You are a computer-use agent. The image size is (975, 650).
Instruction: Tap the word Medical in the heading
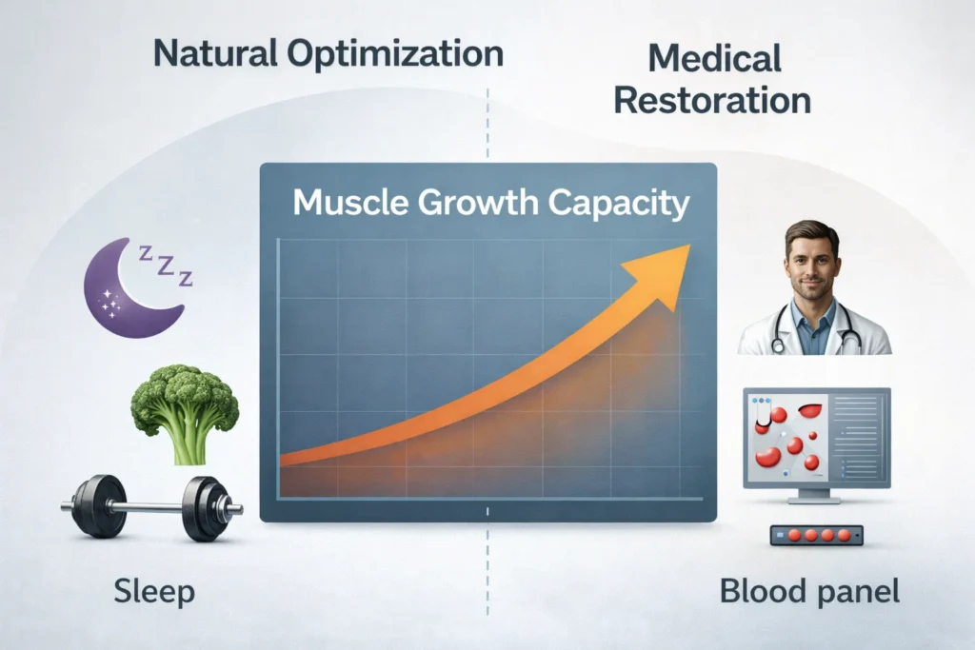tap(714, 59)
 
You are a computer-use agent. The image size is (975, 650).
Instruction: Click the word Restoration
tap(713, 100)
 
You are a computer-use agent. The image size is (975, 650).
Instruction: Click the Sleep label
tap(154, 592)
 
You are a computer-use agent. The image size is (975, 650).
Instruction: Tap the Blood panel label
tap(809, 592)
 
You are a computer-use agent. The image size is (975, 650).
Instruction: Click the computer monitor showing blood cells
tap(815, 437)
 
